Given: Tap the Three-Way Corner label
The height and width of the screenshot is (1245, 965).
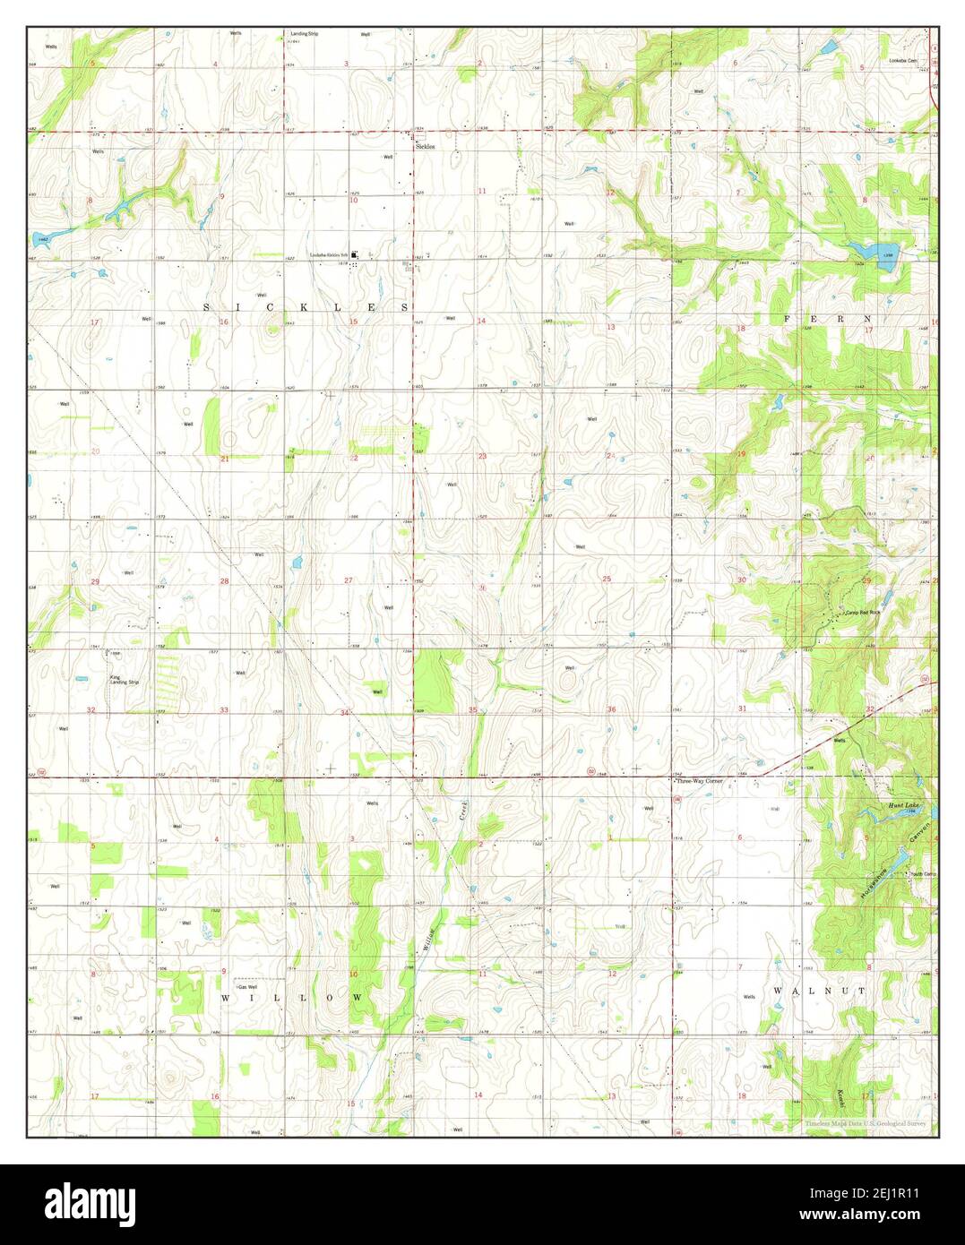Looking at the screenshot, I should coord(700,781).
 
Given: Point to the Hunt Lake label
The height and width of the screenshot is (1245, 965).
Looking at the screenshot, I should coord(902,805).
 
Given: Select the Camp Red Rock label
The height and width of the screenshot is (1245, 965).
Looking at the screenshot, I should coord(864,614).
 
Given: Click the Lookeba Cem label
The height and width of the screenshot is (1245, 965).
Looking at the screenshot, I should coord(902,61).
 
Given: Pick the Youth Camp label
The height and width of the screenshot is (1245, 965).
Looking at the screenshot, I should coord(922,874).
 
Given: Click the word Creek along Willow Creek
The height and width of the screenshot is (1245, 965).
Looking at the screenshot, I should coord(464,811).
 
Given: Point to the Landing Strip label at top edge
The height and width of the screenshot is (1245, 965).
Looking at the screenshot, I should coord(304,34).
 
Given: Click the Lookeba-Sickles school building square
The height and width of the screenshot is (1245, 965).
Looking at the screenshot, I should coord(355,255).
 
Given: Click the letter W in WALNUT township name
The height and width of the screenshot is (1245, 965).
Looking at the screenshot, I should coord(778,992).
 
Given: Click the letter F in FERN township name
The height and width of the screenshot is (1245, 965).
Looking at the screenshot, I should coord(788,319).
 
